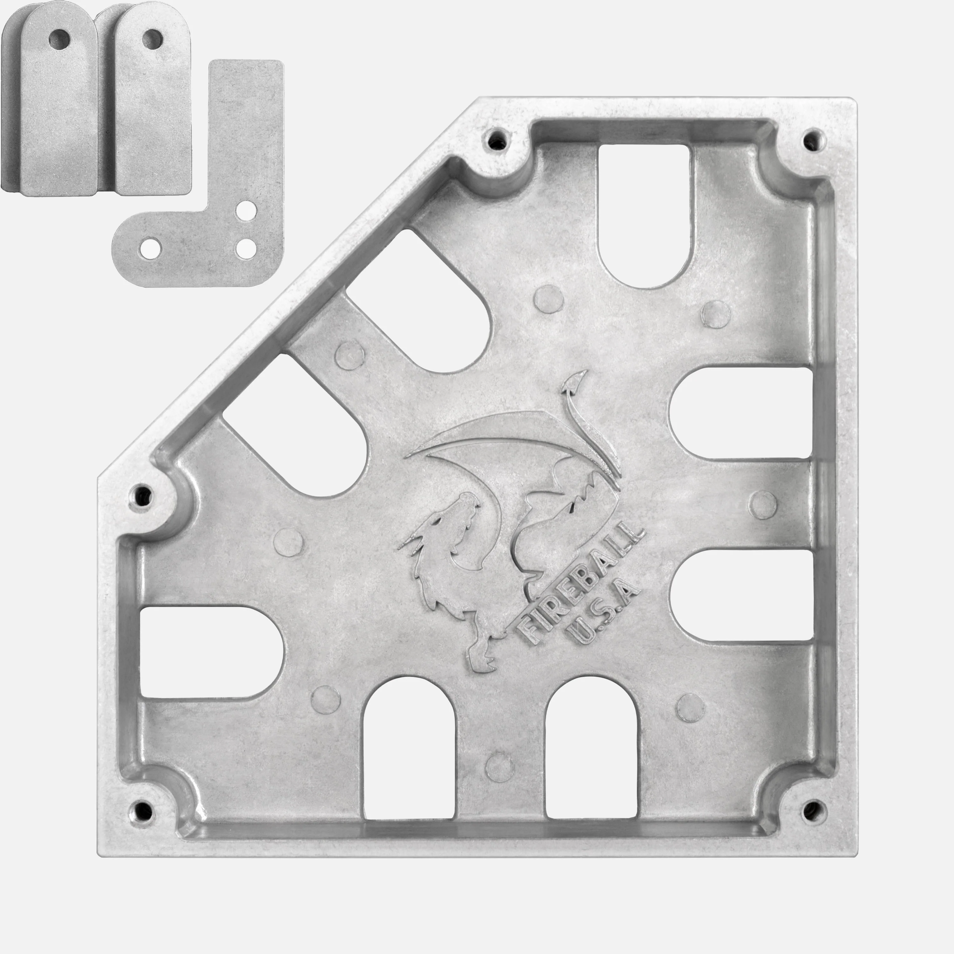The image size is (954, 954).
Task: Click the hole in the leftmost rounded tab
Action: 61,38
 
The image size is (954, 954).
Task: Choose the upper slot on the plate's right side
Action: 741,412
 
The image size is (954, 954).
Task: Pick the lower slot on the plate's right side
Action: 741,595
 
